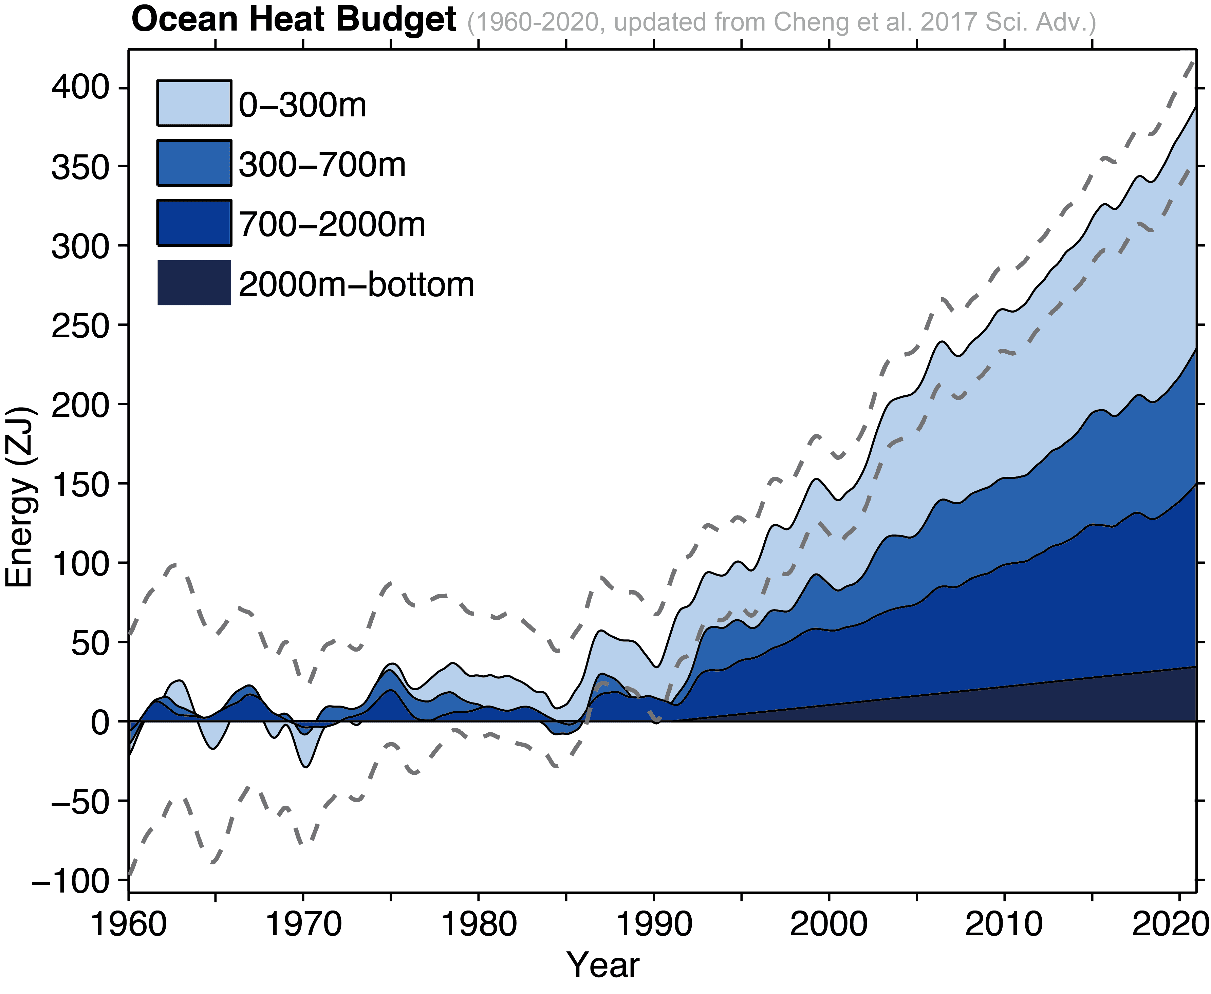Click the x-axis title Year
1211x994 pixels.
(602, 965)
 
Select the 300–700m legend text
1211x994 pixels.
(322, 165)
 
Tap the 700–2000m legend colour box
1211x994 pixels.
(194, 223)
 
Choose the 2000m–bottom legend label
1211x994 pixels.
(356, 284)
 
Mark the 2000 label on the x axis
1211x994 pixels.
(828, 925)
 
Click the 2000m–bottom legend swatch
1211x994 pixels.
(194, 282)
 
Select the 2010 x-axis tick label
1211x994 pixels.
(1003, 925)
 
